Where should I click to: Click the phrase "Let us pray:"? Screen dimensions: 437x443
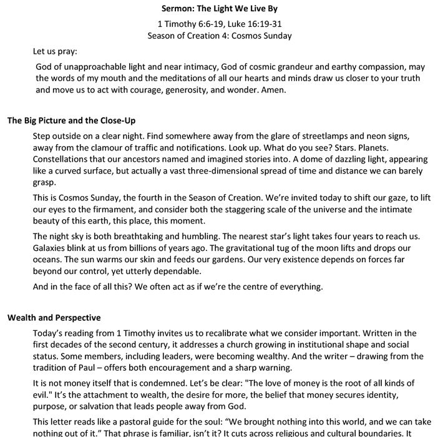tap(55, 52)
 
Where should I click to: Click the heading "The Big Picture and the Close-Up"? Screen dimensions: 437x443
tap(71, 120)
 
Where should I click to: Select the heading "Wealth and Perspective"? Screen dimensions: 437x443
tap(54, 318)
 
